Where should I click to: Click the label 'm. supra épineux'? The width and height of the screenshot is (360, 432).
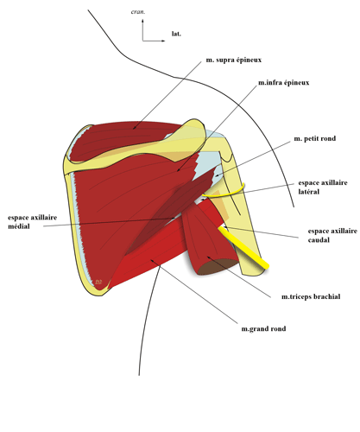[233, 61]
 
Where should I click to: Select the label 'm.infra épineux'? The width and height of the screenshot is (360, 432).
[284, 83]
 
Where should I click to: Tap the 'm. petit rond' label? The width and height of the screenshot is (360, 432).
[314, 139]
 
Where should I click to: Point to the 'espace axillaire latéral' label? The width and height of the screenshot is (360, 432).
[321, 187]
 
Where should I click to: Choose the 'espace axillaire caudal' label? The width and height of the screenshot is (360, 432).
[332, 236]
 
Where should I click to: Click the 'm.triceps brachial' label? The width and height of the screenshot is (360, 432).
[311, 296]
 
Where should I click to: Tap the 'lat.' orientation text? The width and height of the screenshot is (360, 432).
[176, 35]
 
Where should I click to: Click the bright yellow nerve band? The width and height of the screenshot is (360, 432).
[245, 246]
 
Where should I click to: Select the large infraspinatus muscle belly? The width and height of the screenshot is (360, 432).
[129, 207]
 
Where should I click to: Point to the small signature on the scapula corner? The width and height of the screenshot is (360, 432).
[98, 281]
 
